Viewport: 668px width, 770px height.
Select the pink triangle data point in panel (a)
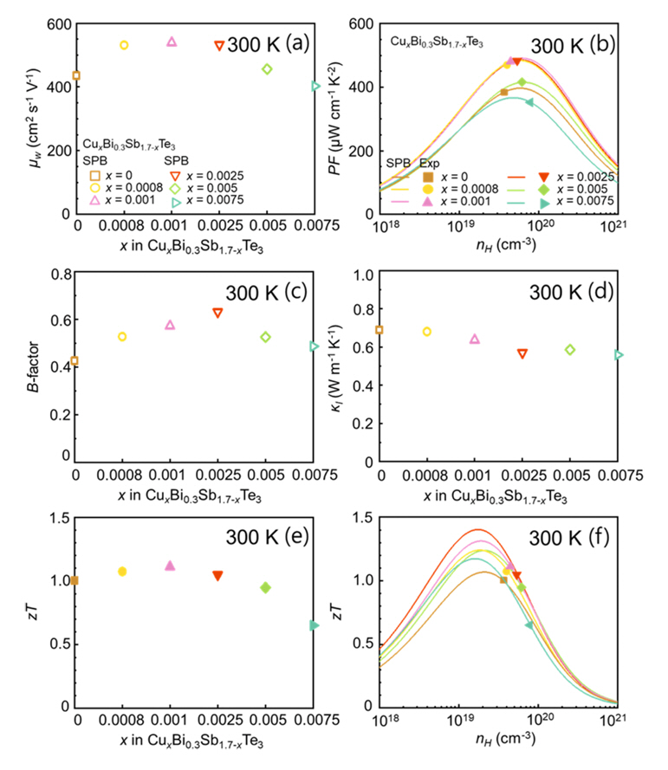pyautogui.click(x=172, y=42)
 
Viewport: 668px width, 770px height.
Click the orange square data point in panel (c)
pyautogui.click(x=75, y=360)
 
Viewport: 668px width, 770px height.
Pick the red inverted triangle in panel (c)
pyautogui.click(x=218, y=313)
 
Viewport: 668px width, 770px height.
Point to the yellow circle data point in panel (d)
pyautogui.click(x=426, y=332)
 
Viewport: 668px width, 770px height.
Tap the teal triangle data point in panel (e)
pyautogui.click(x=314, y=625)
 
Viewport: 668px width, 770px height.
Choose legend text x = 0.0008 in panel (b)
pyautogui.click(x=469, y=189)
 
